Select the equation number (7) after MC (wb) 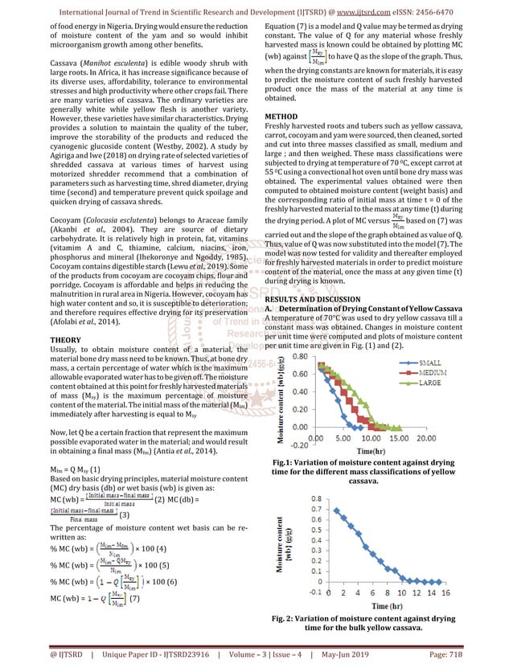tap(133, 598)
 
